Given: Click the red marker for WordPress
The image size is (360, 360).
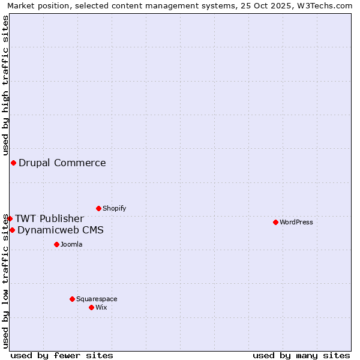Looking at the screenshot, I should (x=275, y=222).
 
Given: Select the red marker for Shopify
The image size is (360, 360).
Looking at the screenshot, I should (x=98, y=208).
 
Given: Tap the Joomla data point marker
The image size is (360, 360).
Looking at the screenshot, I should (x=56, y=244).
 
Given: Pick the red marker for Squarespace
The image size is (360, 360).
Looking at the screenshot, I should (x=72, y=299).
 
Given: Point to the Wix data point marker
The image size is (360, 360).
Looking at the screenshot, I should (x=91, y=307).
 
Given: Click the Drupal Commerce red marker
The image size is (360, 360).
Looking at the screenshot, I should (x=13, y=163).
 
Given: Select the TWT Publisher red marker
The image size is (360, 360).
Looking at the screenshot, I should (x=10, y=218).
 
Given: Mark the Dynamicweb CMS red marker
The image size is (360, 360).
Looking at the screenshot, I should (x=12, y=230).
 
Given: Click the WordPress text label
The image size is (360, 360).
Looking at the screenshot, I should (x=296, y=222).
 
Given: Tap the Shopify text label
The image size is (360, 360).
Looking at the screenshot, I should (x=114, y=208).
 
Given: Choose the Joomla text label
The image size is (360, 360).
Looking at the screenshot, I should (x=71, y=244).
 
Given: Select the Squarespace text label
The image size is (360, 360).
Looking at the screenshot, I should (x=97, y=299).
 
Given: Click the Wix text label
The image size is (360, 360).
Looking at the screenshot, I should (x=101, y=307).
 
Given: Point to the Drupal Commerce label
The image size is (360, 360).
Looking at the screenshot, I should (x=62, y=163).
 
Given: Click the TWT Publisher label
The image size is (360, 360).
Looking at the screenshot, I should (x=49, y=218).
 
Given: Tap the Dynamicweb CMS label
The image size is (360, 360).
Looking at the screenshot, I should (x=61, y=230).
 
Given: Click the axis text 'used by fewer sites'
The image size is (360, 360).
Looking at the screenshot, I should (x=62, y=355).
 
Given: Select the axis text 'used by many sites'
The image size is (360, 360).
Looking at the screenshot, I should (x=301, y=355).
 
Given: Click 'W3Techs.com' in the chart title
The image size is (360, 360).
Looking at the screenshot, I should (x=326, y=5).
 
